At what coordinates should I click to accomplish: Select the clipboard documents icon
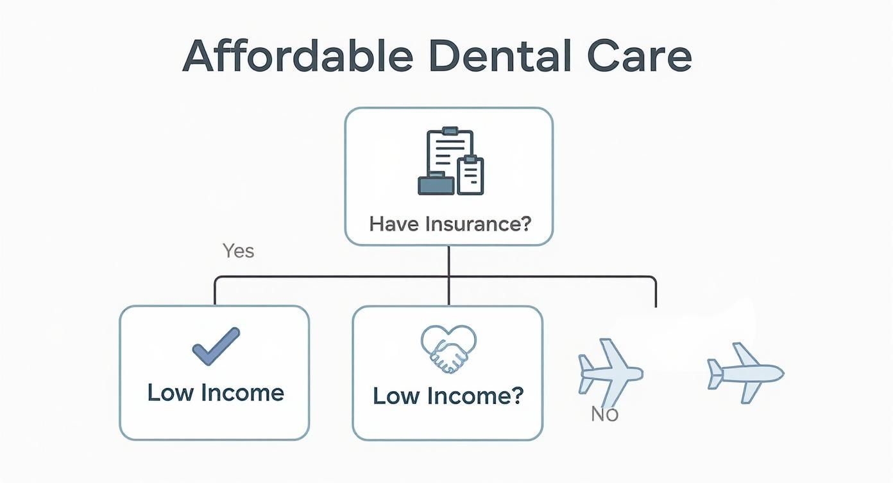tap(450, 161)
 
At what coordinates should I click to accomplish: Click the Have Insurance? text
tap(450, 224)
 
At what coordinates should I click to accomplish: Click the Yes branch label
tap(239, 250)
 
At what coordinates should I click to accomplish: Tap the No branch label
tap(604, 414)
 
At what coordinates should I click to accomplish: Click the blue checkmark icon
tap(216, 346)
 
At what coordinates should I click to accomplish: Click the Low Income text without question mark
tap(216, 392)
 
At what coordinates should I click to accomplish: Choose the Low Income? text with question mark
tap(448, 395)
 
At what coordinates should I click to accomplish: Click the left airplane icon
tap(609, 371)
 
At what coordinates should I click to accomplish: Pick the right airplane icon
tap(745, 373)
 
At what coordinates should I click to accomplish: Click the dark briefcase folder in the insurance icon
tap(436, 184)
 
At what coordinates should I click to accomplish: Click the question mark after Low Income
tap(516, 395)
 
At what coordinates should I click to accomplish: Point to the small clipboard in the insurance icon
tap(471, 175)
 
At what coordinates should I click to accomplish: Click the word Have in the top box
tap(395, 224)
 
